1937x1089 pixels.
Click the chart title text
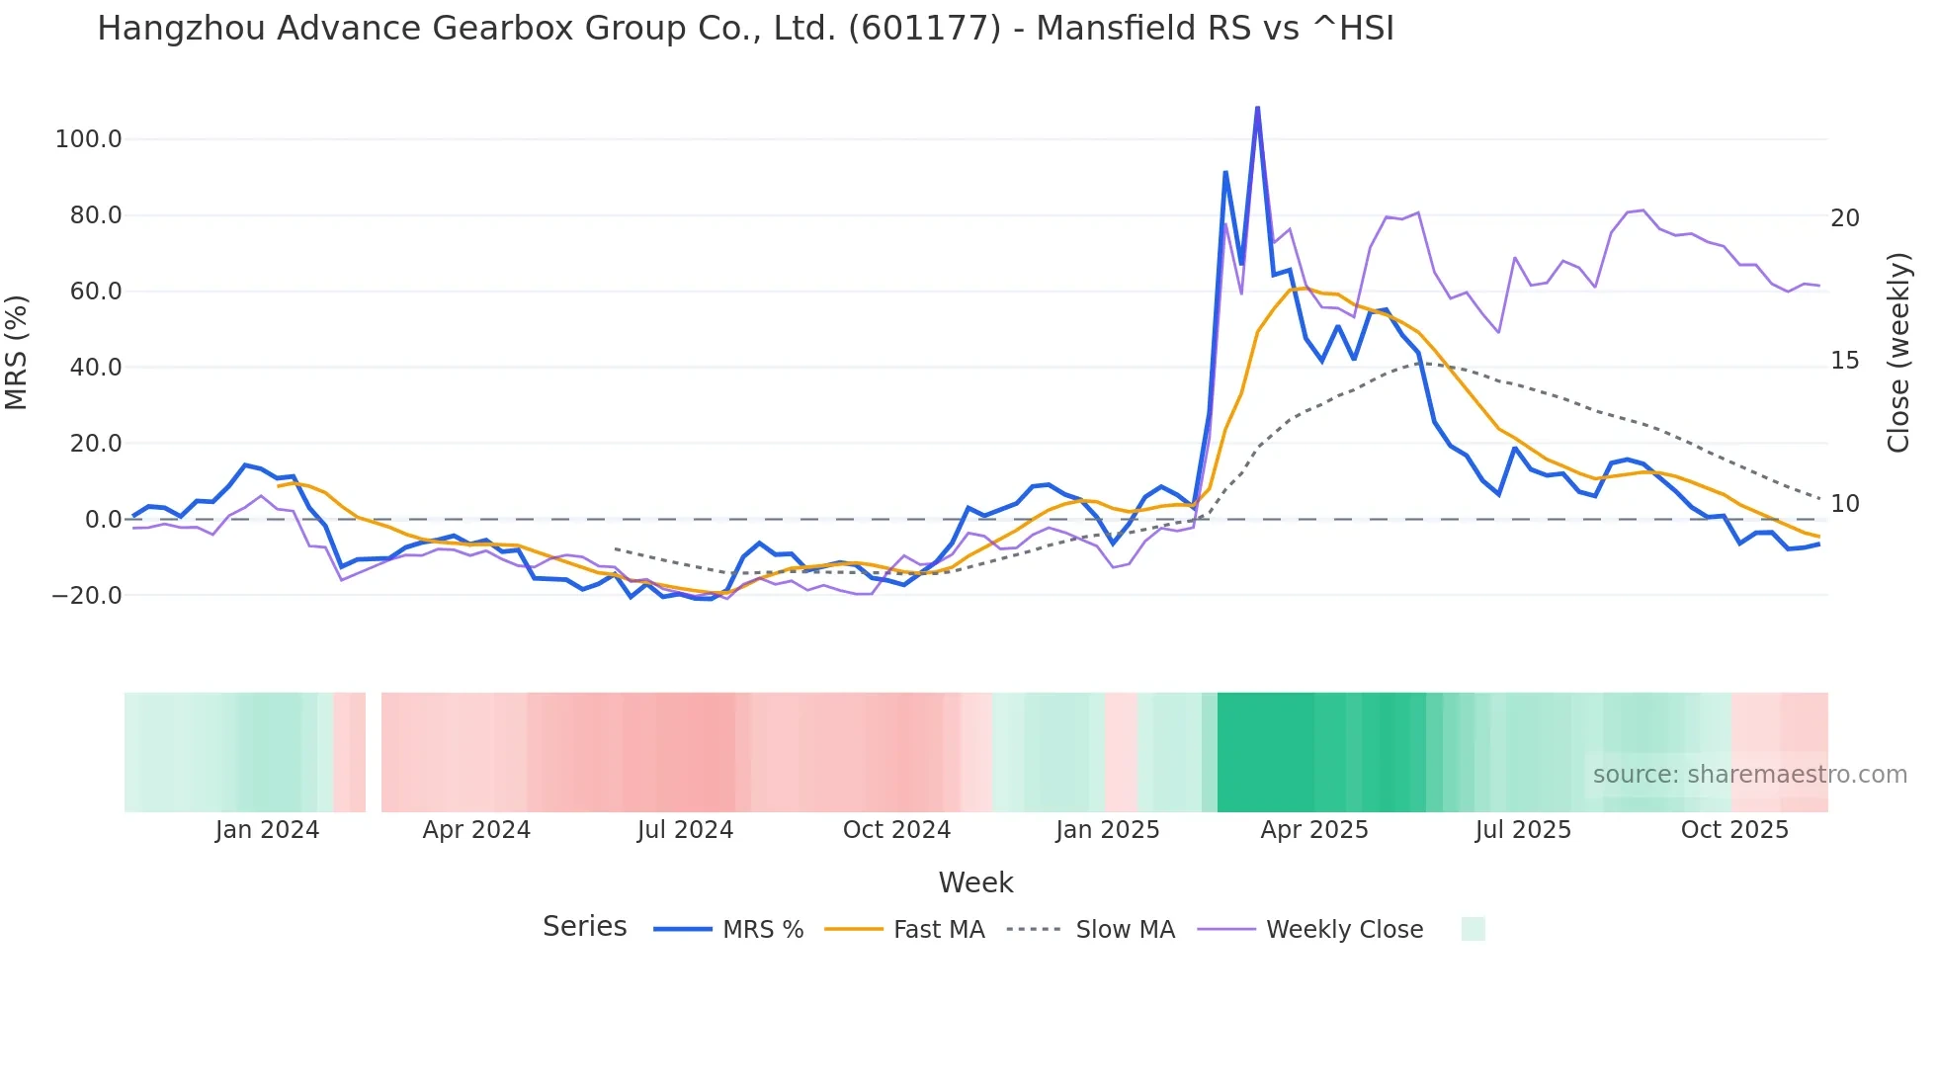[x=745, y=29]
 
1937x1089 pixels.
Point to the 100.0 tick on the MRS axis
[x=88, y=139]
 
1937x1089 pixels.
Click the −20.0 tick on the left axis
[x=87, y=596]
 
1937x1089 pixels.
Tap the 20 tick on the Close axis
[x=1844, y=218]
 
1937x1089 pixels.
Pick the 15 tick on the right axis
[x=1844, y=361]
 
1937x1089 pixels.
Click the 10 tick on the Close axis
[x=1844, y=504]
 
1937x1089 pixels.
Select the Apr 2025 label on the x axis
[x=1313, y=830]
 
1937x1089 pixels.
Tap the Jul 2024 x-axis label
[x=685, y=830]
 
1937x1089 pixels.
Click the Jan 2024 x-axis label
[x=267, y=830]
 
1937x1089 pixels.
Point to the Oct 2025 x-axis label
[x=1734, y=830]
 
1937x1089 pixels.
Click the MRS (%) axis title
[x=17, y=352]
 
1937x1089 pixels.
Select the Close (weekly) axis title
[x=1898, y=353]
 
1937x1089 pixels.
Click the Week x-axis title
[x=975, y=882]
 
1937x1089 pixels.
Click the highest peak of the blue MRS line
[x=1257, y=108]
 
